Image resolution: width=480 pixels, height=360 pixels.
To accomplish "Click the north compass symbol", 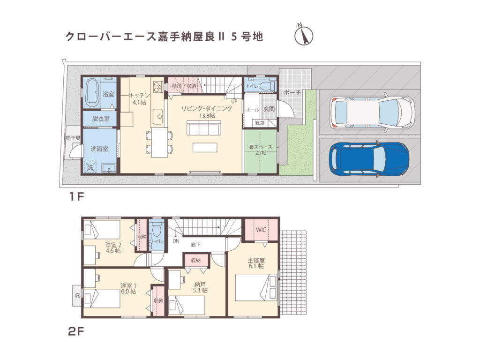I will pos(303,36).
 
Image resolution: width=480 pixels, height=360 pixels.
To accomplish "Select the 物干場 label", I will pos(73,138).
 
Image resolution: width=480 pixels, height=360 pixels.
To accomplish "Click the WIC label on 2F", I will pos(261,230).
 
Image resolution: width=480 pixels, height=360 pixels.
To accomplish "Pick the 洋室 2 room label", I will pos(113,247).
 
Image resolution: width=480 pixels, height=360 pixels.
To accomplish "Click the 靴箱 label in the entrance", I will pos(259,123).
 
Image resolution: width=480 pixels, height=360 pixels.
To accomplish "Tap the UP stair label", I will pos(234,100).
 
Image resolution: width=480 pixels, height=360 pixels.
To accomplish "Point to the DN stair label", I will pos(176,241).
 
